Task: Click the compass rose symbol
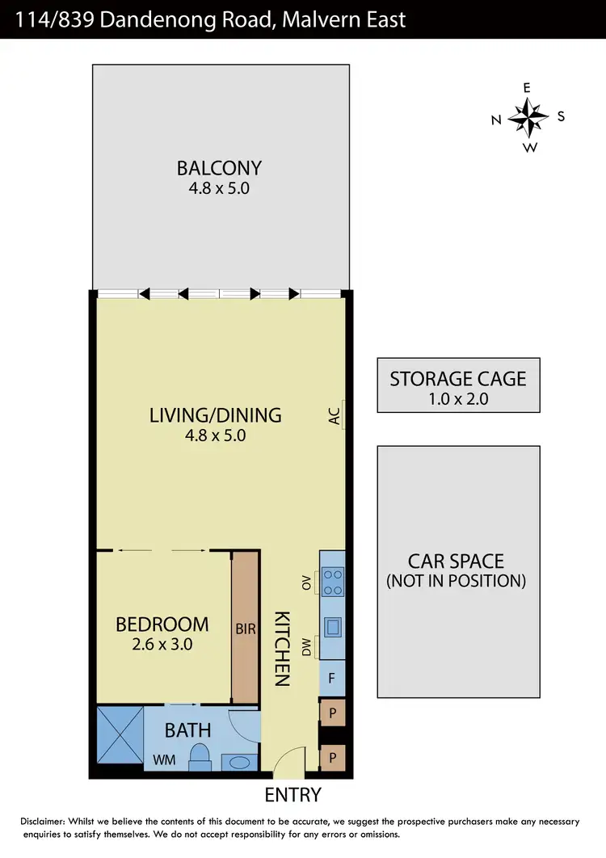(528, 118)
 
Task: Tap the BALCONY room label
(220, 168)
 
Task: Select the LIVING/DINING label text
(216, 415)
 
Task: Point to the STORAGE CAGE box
(458, 385)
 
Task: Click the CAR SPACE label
(456, 561)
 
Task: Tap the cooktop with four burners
(332, 580)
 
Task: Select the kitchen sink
(332, 627)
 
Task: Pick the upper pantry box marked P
(332, 714)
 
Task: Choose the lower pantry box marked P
(332, 759)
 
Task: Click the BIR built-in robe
(245, 628)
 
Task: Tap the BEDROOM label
(162, 625)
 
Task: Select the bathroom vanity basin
(238, 762)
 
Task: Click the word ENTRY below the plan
(292, 795)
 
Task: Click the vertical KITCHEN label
(280, 647)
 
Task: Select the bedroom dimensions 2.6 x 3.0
(162, 645)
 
